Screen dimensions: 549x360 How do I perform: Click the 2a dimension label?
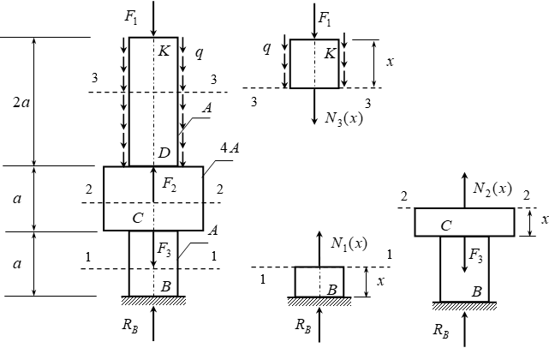click(21, 103)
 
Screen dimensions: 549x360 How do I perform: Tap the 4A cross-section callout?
click(230, 148)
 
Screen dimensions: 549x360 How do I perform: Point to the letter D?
click(164, 153)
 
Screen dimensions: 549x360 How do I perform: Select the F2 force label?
click(169, 184)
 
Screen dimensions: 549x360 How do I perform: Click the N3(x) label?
click(343, 118)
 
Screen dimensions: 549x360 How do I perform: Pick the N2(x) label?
click(492, 189)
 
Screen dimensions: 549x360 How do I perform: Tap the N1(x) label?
click(349, 243)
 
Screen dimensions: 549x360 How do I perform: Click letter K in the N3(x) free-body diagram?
click(330, 54)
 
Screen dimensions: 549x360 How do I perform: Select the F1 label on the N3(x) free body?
click(325, 19)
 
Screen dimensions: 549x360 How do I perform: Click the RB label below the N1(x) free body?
click(303, 326)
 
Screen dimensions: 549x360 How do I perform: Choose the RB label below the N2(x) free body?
click(441, 331)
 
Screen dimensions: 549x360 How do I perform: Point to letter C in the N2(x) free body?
click(446, 225)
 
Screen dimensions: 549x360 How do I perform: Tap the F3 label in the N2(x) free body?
click(475, 255)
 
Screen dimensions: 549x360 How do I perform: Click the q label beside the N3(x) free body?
click(267, 48)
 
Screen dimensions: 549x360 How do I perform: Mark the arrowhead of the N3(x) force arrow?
click(314, 120)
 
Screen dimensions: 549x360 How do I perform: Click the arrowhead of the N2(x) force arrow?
click(464, 177)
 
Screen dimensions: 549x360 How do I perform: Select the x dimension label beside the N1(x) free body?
click(380, 281)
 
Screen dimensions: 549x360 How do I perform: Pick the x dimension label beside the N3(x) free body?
click(390, 62)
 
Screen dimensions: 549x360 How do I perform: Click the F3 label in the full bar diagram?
click(164, 249)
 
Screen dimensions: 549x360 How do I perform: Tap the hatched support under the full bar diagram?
click(153, 300)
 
